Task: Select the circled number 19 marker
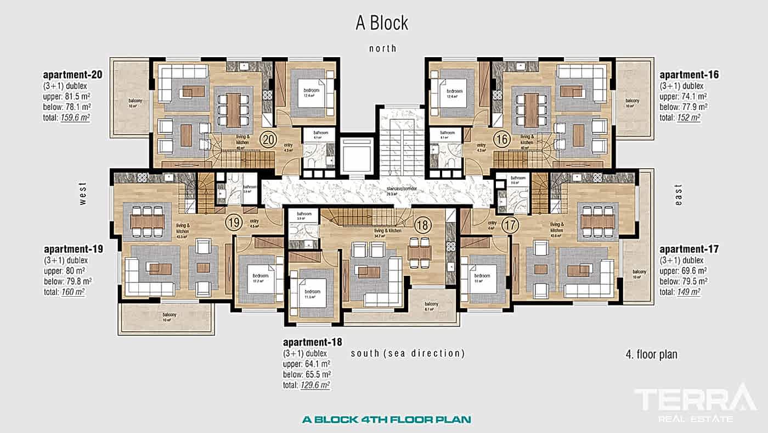click(234, 223)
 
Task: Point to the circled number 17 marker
click(510, 224)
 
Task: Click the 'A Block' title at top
click(382, 23)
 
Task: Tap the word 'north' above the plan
click(382, 48)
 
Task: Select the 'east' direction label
click(679, 195)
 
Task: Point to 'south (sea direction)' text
click(408, 353)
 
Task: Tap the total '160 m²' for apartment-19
click(72, 292)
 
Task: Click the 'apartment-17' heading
click(689, 249)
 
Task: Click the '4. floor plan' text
click(651, 354)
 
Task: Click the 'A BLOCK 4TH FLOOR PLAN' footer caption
click(386, 420)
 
